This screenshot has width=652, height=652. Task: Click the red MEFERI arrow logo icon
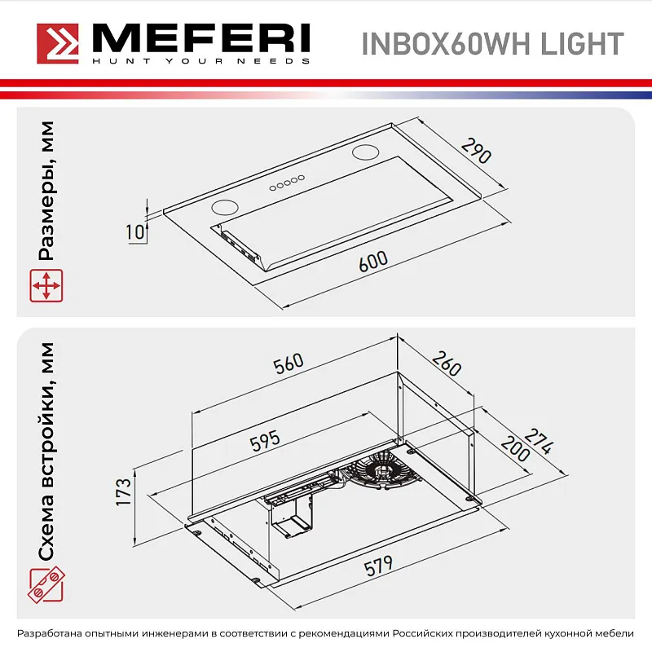tap(57, 42)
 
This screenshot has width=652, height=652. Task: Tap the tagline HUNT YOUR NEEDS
tap(200, 61)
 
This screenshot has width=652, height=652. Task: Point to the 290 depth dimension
tap(476, 151)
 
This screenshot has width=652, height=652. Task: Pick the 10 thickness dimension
tap(136, 231)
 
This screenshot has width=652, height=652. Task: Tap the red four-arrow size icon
tap(46, 286)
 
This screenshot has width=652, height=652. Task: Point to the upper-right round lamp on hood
tap(368, 152)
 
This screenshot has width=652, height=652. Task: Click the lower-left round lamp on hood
tap(226, 207)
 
